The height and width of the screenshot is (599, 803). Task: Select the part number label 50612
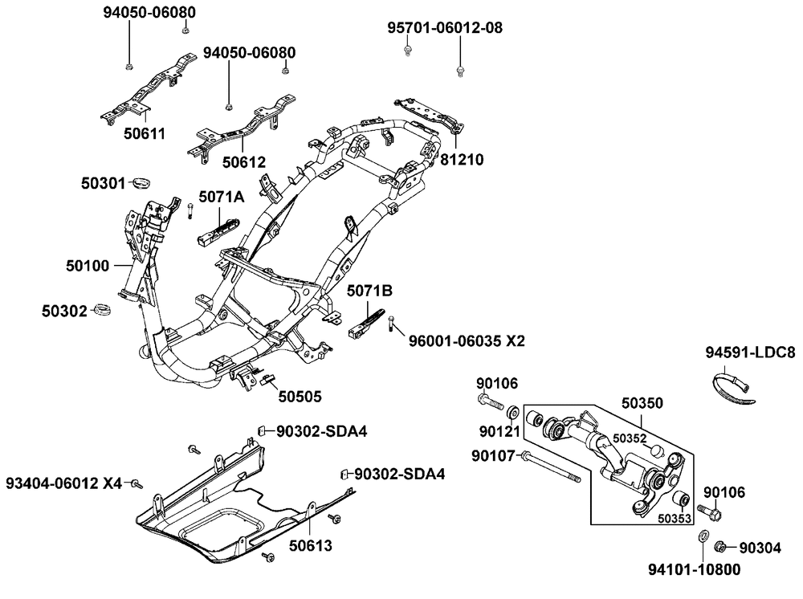(244, 161)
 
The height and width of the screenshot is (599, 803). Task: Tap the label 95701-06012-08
(445, 28)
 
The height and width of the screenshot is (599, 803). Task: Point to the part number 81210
(462, 160)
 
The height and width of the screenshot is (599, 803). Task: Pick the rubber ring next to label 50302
(102, 309)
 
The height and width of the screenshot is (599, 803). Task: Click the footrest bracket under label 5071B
(365, 324)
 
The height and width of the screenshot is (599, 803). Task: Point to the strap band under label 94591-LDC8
(735, 387)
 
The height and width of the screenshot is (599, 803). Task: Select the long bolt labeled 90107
(552, 468)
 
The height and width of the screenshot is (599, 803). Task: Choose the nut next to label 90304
(720, 547)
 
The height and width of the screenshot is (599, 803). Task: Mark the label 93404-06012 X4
(64, 483)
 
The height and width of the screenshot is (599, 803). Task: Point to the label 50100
(87, 263)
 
